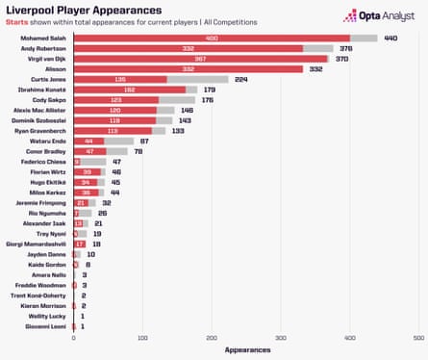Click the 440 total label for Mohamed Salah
coord(391,38)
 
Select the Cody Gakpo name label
coord(50,100)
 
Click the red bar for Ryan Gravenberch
coord(113,131)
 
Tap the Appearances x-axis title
coord(246,351)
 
